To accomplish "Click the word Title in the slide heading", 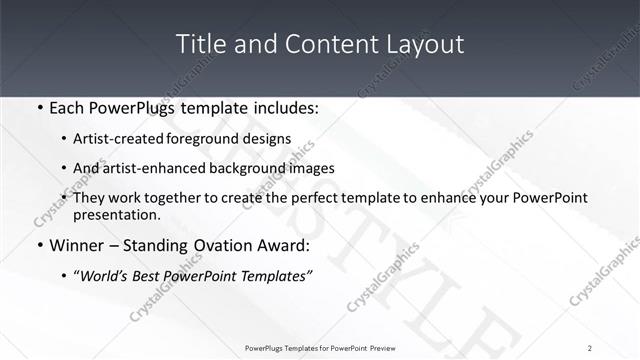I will point(199,44).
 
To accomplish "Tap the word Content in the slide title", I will point(318,44).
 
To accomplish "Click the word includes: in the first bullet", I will point(285,108).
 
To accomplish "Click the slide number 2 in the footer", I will point(590,348).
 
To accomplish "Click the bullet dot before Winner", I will point(39,245).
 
